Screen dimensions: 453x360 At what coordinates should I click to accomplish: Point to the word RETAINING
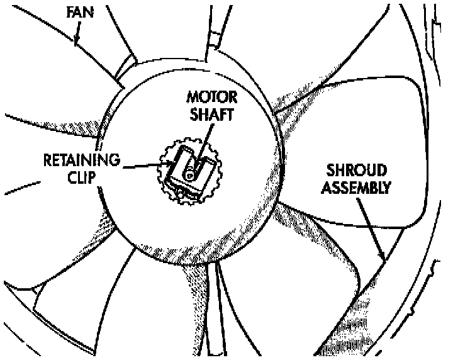tap(81, 159)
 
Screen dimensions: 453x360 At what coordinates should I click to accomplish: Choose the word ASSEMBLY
tap(356, 187)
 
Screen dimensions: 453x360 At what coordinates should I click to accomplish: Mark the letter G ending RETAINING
tap(115, 159)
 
